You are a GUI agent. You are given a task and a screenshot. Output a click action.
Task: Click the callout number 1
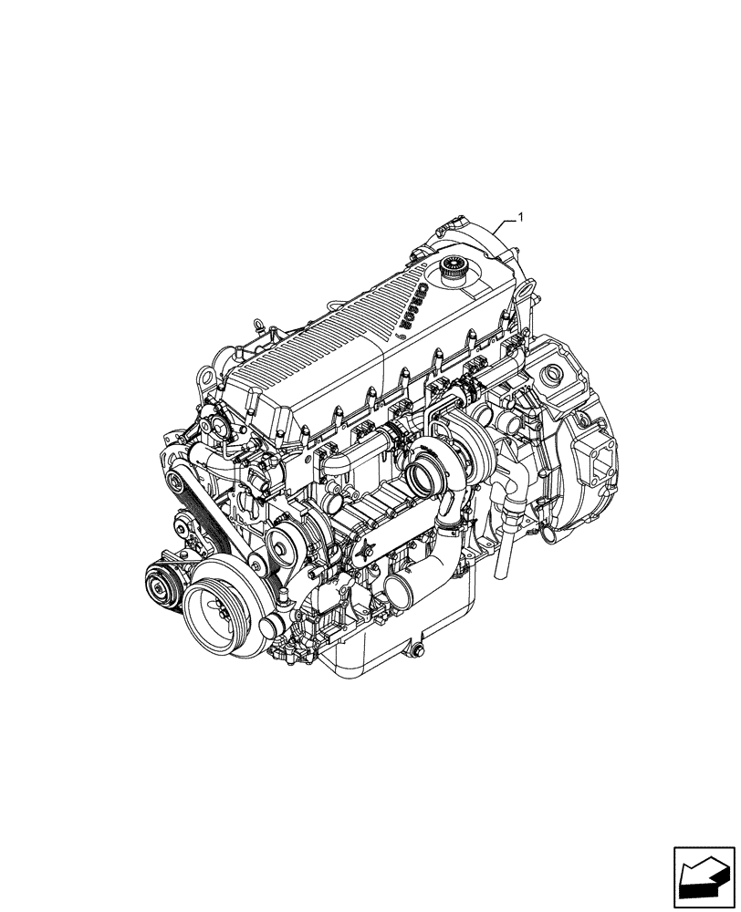(x=520, y=217)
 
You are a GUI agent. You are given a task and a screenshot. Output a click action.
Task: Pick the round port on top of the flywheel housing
(x=553, y=374)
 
